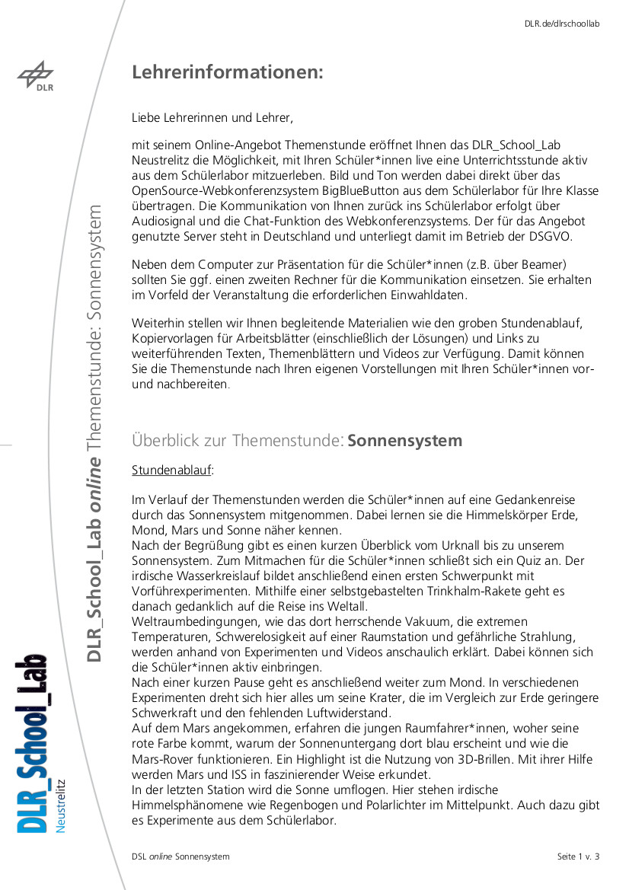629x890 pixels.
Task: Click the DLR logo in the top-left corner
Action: (x=36, y=77)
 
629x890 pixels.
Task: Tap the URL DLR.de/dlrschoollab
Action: (x=562, y=24)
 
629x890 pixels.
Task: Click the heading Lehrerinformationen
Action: (x=228, y=72)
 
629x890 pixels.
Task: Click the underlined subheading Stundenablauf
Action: (x=172, y=470)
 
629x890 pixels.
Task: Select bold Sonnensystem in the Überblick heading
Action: (x=405, y=441)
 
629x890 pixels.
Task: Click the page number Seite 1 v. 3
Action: (x=578, y=857)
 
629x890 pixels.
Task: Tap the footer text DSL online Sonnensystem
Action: (x=180, y=857)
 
